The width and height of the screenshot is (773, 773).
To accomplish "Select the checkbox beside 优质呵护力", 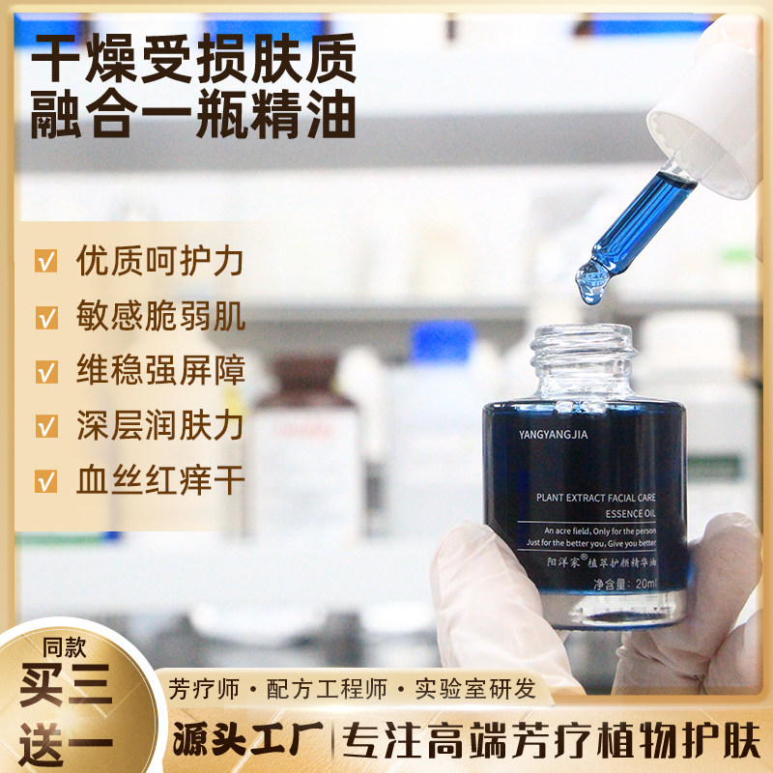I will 45,262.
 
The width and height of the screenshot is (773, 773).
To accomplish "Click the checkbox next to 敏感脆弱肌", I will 45,317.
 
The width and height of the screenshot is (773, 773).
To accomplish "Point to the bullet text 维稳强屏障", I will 159,371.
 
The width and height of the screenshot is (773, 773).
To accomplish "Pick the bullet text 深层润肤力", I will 159,425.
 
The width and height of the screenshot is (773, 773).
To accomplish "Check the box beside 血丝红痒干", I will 45,480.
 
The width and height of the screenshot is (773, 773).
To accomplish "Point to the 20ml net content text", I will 643,584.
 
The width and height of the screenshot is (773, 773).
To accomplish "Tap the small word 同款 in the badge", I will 64,646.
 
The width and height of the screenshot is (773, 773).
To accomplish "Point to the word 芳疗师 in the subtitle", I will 206,689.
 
